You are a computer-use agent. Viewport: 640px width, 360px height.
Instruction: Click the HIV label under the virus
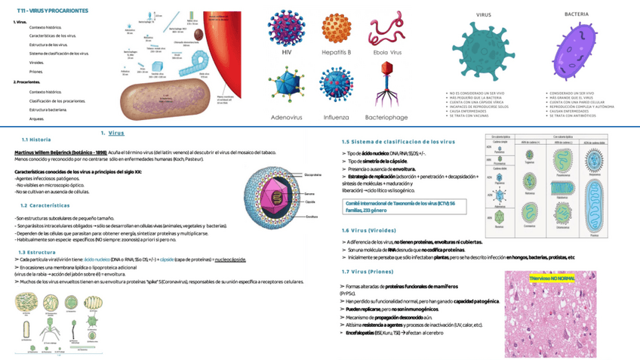click(x=286, y=53)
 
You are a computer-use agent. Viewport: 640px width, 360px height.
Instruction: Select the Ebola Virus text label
click(x=386, y=53)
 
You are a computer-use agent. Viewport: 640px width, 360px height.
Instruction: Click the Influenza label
click(x=336, y=117)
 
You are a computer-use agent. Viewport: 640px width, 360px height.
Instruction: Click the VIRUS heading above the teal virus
click(x=483, y=15)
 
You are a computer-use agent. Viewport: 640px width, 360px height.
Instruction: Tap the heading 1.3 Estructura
click(x=36, y=251)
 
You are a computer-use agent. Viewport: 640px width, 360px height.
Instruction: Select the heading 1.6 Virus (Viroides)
click(x=371, y=230)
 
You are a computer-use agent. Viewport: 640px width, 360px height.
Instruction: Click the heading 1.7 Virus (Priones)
click(x=369, y=272)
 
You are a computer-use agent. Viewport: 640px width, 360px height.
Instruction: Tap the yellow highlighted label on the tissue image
click(x=552, y=278)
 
